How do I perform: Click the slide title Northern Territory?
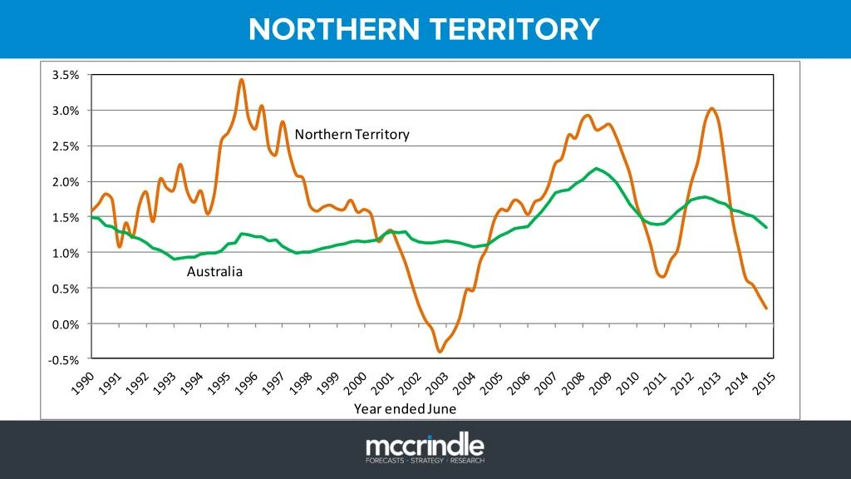pos(424,29)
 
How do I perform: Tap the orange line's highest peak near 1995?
pos(241,80)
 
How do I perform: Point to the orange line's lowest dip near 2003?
pos(440,352)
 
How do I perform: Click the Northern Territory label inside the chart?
pos(352,134)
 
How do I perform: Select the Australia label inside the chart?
pos(214,271)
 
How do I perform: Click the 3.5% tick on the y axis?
pos(66,75)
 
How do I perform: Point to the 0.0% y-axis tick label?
pos(66,324)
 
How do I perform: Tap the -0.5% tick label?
pos(65,360)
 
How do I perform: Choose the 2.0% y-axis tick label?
pos(66,181)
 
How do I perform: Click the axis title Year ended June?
pos(405,409)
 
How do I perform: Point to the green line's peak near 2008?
pos(597,169)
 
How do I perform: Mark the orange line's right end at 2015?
pos(765,309)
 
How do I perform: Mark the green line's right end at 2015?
pos(765,227)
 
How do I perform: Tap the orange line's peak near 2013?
pos(712,108)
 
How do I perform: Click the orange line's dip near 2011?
pos(662,276)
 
